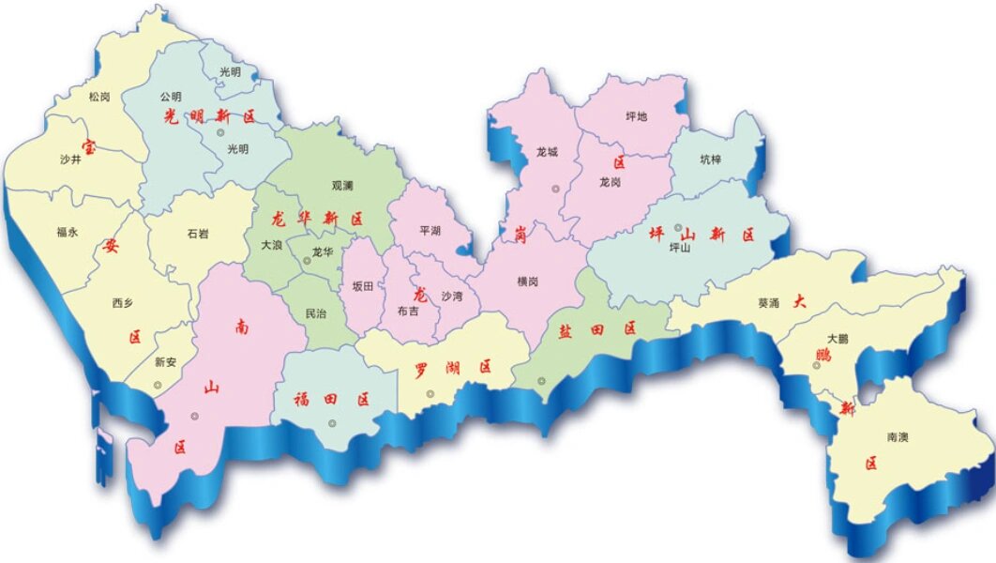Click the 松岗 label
[98, 96]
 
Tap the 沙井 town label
[70, 160]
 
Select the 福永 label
[67, 231]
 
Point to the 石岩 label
[197, 233]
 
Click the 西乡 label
[123, 302]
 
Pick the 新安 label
[165, 362]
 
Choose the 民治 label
[316, 313]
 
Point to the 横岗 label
[527, 281]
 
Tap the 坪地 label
[637, 116]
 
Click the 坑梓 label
[712, 160]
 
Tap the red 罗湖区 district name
[453, 368]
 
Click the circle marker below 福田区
[331, 423]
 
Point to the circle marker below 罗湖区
[430, 394]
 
